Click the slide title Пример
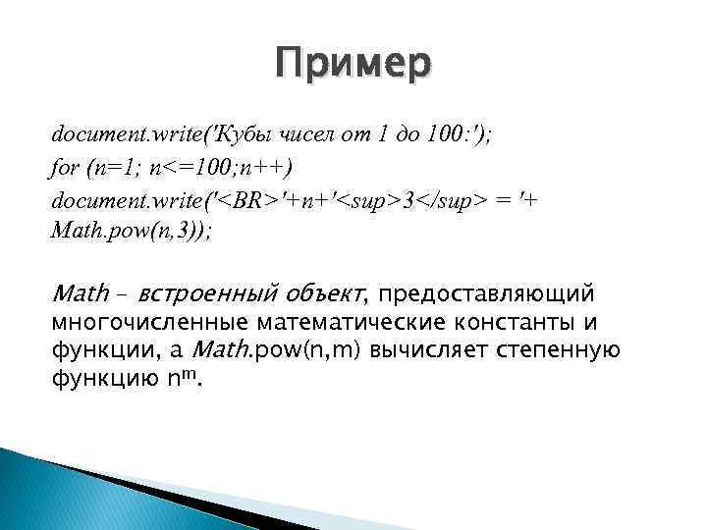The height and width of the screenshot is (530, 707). click(353, 65)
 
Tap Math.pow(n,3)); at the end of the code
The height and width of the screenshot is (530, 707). click(130, 233)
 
